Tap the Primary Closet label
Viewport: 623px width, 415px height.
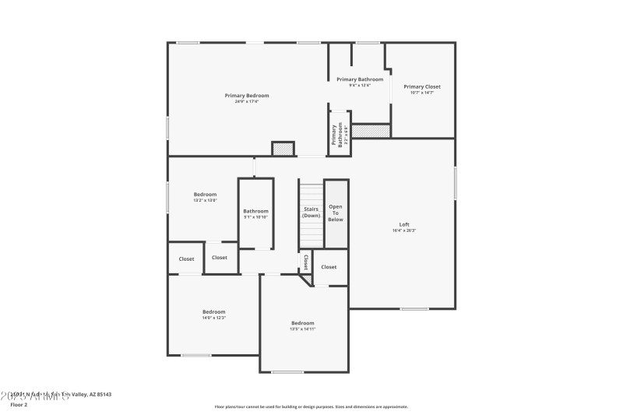(x=421, y=86)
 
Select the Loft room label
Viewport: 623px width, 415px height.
(x=403, y=224)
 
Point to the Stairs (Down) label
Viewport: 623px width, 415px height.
(x=311, y=212)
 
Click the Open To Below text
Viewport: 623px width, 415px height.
(x=336, y=213)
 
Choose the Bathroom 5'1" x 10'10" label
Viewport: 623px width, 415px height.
(x=255, y=211)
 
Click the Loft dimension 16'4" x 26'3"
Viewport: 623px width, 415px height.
(x=403, y=230)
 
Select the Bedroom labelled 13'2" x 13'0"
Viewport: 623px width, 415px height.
(x=205, y=194)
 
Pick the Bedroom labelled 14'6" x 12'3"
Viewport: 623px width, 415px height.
(x=214, y=311)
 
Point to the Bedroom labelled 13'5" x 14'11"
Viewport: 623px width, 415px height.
(x=303, y=323)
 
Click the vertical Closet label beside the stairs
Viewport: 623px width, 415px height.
(x=306, y=262)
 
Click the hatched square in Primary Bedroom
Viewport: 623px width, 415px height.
(x=282, y=149)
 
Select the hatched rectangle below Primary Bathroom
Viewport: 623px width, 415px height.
(x=371, y=131)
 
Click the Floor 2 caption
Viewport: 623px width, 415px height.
(x=19, y=405)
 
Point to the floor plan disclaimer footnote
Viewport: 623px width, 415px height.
(x=311, y=406)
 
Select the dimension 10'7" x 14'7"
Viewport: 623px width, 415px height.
(x=421, y=93)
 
